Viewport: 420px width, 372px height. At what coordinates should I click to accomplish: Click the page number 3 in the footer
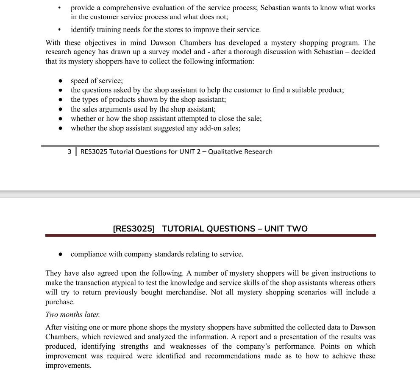click(x=70, y=152)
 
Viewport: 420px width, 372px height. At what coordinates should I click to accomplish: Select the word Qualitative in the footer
click(x=225, y=152)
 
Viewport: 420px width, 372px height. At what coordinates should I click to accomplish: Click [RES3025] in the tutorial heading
click(x=134, y=229)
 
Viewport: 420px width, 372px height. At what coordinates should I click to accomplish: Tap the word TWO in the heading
click(x=297, y=229)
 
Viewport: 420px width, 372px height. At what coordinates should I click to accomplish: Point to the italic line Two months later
click(x=72, y=315)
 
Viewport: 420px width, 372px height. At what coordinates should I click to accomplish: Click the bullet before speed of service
click(x=61, y=81)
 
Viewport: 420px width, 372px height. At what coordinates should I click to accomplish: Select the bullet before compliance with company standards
click(x=61, y=255)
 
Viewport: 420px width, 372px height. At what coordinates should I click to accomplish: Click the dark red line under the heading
click(x=210, y=235)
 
